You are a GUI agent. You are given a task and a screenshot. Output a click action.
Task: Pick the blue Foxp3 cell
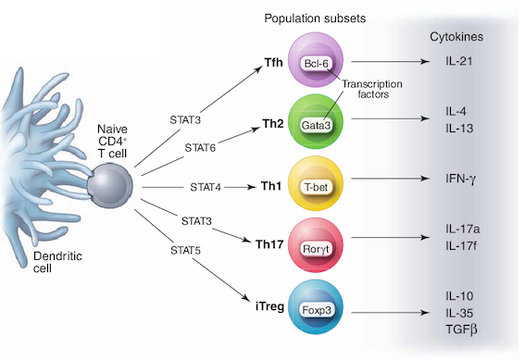coord(316,310)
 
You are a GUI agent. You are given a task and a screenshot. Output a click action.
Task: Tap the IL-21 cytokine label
coord(436,62)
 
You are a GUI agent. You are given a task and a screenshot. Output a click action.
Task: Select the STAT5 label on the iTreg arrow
coord(185,250)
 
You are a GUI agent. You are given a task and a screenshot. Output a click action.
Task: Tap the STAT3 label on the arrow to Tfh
coord(187,119)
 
